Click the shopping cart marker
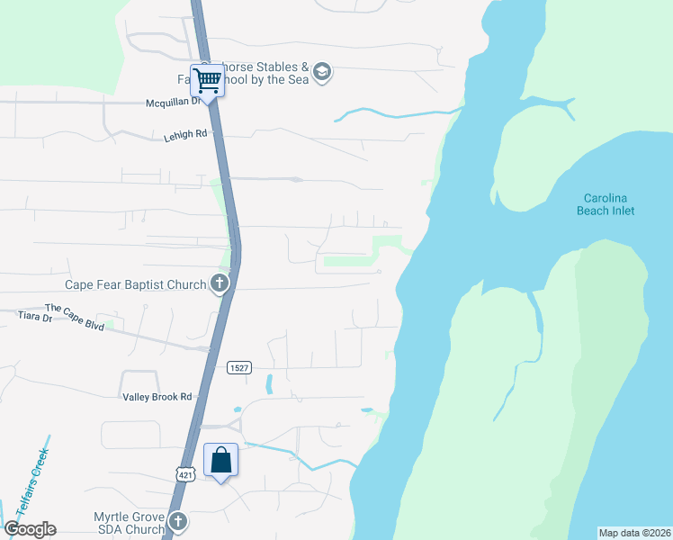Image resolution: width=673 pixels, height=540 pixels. coord(207,81)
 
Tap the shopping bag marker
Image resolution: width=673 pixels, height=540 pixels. coord(221,461)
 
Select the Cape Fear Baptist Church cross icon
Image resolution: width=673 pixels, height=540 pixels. coord(219,284)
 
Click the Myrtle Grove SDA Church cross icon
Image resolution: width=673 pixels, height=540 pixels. coord(179,521)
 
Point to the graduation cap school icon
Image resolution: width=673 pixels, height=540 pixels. coord(323,72)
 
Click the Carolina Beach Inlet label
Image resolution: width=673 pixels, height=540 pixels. coord(606,204)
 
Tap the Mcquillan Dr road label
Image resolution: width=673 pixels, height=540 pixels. coord(173,103)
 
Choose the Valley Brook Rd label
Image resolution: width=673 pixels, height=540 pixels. coord(157,396)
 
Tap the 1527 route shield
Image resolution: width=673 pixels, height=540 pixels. coord(239,367)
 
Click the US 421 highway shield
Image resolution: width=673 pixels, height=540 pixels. coord(185,474)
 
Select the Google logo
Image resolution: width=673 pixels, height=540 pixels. coord(30,529)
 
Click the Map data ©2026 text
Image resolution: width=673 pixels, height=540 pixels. coord(634,533)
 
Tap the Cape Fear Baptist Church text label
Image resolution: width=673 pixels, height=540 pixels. coord(136,284)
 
